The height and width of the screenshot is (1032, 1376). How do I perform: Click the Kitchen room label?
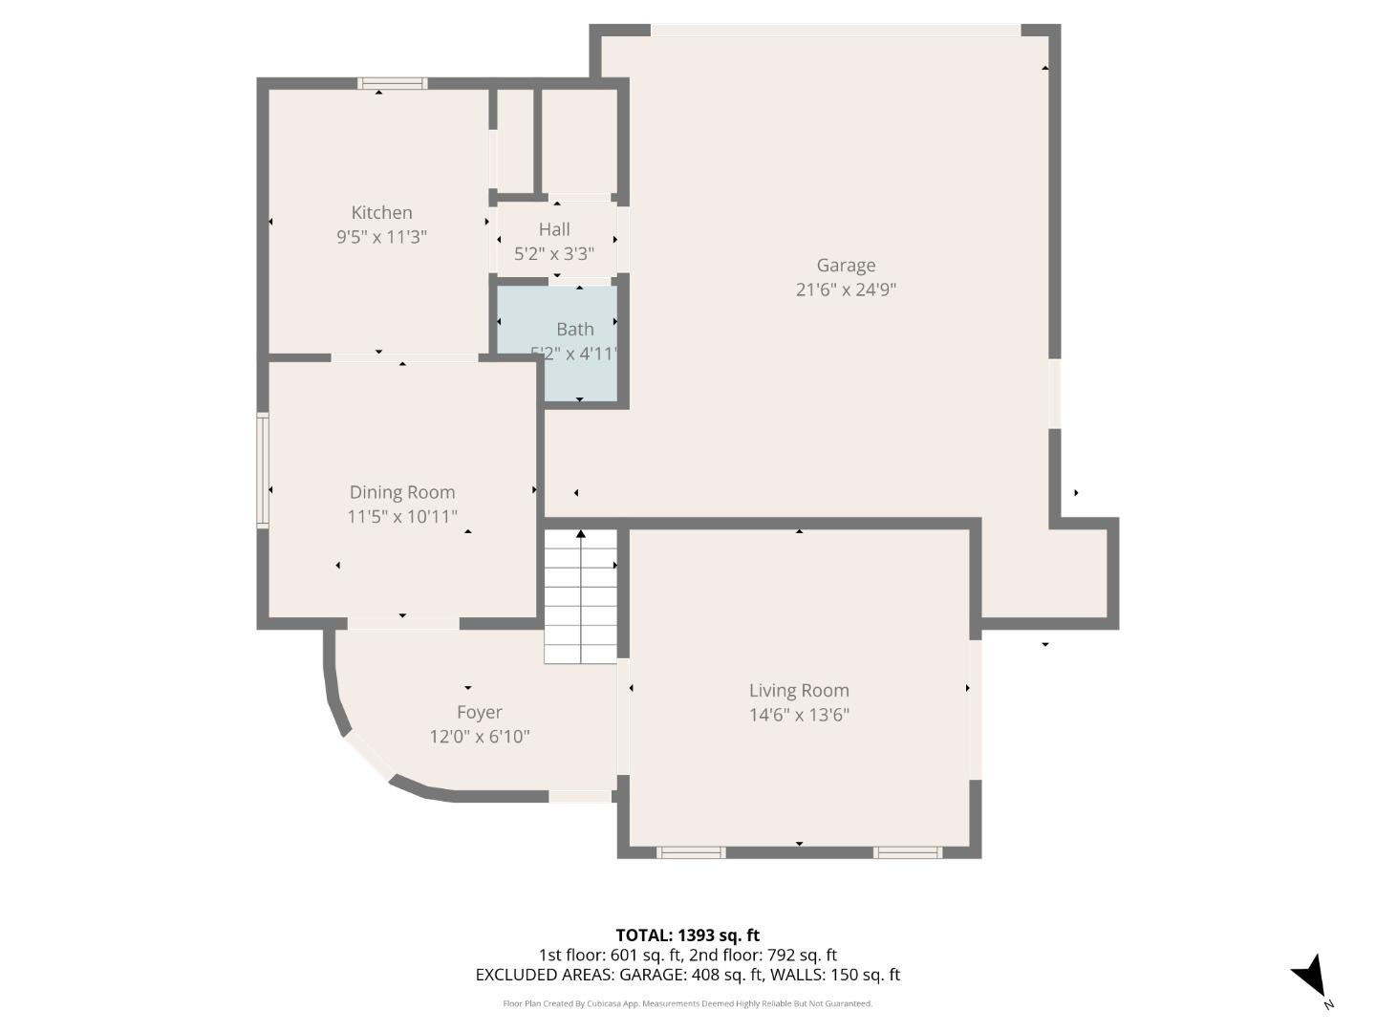(381, 213)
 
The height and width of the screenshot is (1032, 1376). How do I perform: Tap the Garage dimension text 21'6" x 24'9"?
(846, 290)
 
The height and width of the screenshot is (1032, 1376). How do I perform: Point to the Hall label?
(554, 229)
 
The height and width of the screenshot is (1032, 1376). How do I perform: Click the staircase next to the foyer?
(581, 597)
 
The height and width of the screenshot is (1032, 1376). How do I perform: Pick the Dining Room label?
(402, 492)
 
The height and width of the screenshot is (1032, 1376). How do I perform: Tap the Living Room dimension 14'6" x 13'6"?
(799, 715)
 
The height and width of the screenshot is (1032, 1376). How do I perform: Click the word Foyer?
(479, 713)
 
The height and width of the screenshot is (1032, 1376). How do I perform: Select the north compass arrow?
(1310, 978)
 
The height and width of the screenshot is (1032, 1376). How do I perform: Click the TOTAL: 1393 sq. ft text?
(687, 935)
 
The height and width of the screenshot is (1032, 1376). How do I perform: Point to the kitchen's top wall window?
(393, 83)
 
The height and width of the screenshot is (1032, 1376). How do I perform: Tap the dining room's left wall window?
(263, 470)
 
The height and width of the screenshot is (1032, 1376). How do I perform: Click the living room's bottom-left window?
(691, 852)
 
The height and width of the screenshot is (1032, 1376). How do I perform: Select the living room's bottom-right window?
(908, 852)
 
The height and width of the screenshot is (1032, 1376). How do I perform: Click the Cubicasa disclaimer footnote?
(687, 1003)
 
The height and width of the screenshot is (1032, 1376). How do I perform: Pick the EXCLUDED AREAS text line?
(687, 975)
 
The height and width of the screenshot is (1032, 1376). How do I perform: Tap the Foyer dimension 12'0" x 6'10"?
(479, 737)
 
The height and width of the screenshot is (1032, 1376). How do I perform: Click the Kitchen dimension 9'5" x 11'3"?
(381, 237)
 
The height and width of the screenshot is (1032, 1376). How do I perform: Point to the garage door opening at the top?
(836, 31)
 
